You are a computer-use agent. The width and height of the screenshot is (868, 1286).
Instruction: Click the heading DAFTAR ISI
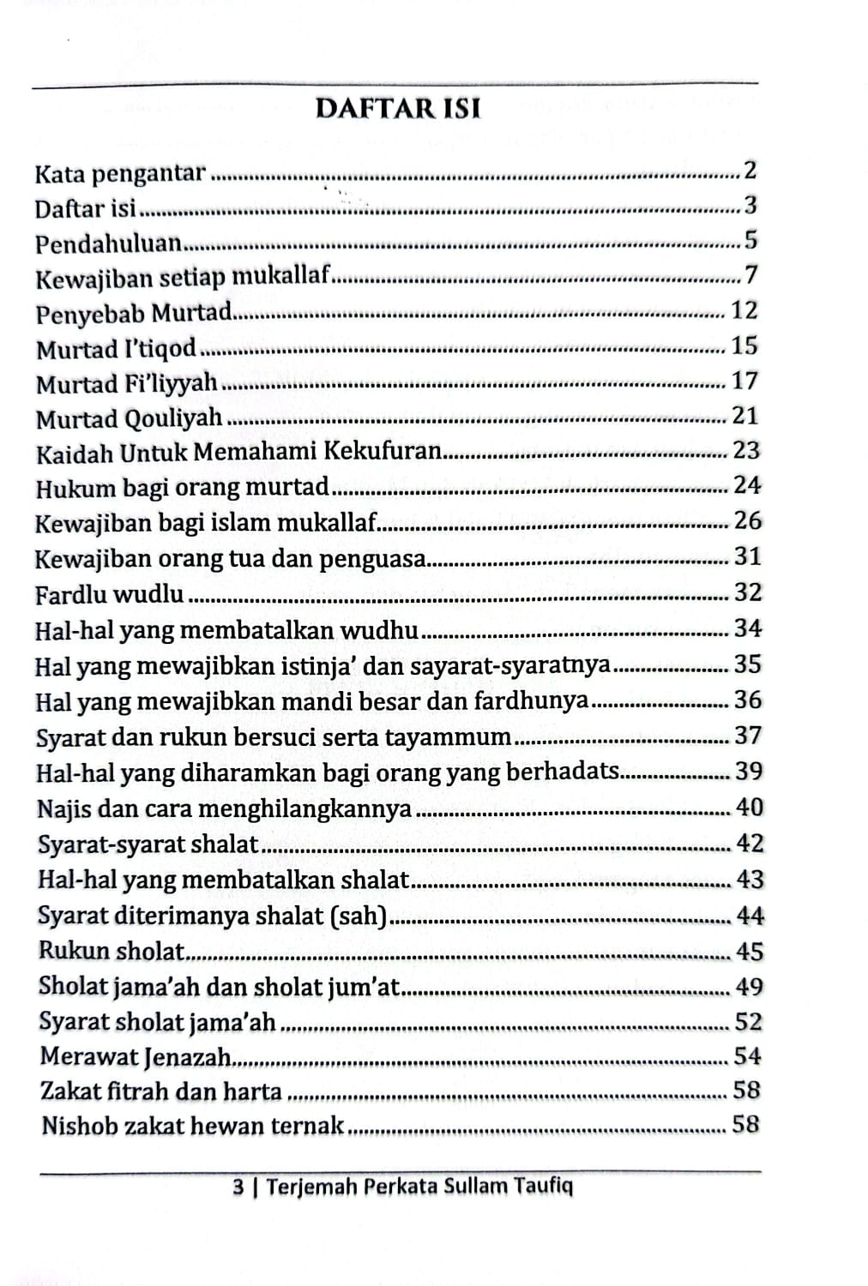tap(398, 109)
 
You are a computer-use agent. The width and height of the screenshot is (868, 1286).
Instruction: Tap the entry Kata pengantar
tap(120, 174)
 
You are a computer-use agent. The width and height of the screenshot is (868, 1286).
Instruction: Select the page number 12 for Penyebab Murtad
tap(744, 310)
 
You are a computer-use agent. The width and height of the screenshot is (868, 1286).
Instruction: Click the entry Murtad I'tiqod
tap(116, 349)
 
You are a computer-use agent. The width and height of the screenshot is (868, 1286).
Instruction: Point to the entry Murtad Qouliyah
tap(129, 419)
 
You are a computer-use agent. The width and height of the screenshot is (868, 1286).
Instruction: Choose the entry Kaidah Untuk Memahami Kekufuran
tap(238, 452)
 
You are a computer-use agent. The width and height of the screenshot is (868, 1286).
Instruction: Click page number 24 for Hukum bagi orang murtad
tap(746, 486)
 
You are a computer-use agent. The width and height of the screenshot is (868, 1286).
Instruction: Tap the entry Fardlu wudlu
tap(109, 593)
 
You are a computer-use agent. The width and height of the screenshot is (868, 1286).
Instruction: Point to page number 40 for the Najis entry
tap(748, 808)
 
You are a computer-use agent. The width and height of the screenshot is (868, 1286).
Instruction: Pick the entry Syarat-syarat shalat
tap(148, 844)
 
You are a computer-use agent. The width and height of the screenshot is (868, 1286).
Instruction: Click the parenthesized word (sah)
tap(359, 916)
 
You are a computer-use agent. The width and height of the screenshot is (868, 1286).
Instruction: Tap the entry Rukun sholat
tap(112, 952)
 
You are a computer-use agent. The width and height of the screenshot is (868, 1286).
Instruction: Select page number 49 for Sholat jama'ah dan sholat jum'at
tap(748, 987)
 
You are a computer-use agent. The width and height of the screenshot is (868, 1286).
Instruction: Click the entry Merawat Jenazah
tap(136, 1057)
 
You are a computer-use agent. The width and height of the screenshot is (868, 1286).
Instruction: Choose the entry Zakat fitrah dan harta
tap(161, 1091)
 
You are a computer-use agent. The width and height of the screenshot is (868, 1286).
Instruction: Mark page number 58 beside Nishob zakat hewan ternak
tap(746, 1125)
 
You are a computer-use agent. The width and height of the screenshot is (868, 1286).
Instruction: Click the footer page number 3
tap(238, 1187)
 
